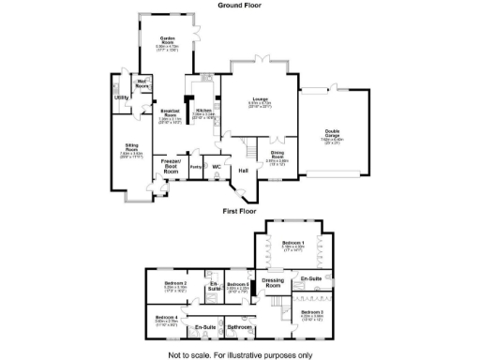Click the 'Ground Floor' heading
click(x=239, y=5)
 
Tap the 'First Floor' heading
click(x=239, y=211)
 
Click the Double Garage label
click(x=332, y=132)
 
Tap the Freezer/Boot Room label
click(x=171, y=168)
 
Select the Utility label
click(x=121, y=97)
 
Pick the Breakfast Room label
click(x=170, y=112)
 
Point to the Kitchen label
click(x=203, y=112)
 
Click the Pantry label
click(x=196, y=167)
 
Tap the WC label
click(x=216, y=167)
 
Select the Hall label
click(x=243, y=171)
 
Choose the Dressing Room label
click(x=273, y=281)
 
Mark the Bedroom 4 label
click(x=168, y=317)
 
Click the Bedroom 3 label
click(x=312, y=311)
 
